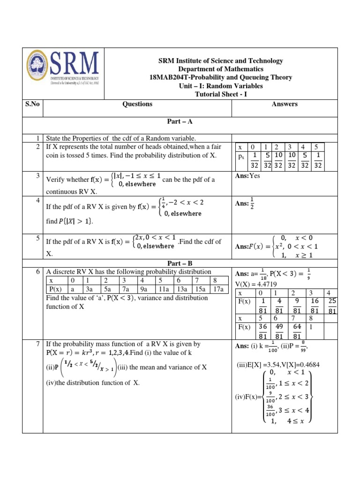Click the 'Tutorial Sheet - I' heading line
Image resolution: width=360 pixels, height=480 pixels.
[220, 94]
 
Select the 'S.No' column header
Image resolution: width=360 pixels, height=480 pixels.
[32, 104]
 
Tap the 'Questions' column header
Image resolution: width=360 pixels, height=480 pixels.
[137, 104]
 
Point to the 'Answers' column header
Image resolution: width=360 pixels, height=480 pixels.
[285, 104]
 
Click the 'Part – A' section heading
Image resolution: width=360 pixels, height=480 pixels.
[180, 121]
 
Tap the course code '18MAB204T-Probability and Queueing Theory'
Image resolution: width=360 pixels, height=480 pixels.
[220, 77]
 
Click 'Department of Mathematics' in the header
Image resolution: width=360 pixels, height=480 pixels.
[220, 69]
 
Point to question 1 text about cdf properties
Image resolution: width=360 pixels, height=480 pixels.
[120, 138]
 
